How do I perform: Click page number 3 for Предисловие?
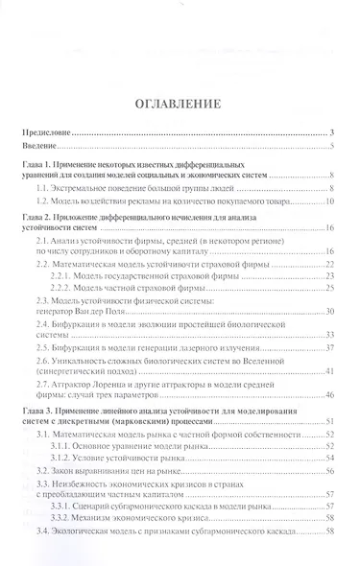click(330, 132)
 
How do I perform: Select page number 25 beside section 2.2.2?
click(327, 289)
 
